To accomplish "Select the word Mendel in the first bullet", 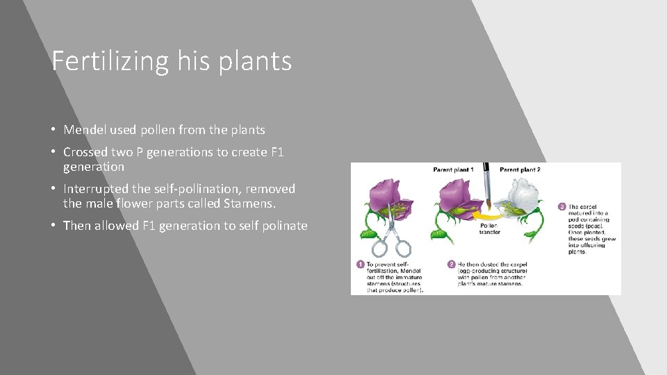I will (x=84, y=130).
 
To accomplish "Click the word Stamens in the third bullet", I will (x=249, y=203).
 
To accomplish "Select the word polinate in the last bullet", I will (x=283, y=226).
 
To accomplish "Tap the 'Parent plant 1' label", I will (x=453, y=169).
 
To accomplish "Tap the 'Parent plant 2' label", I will (x=520, y=169).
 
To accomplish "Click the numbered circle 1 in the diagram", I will (x=360, y=265).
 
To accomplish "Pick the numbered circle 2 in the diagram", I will (x=451, y=265).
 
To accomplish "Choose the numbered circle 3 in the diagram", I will (x=561, y=206).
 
